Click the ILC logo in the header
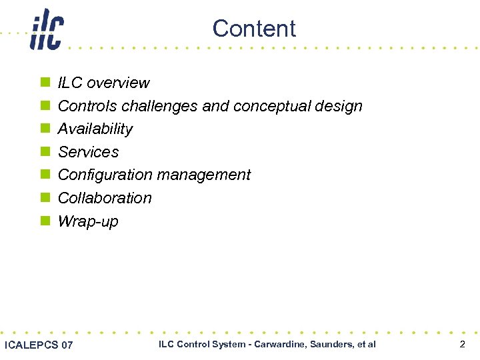tap(47, 30)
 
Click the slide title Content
tap(254, 29)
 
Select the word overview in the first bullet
tap(119, 83)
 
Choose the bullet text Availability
tap(95, 129)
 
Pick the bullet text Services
tap(89, 152)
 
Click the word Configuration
tap(97, 175)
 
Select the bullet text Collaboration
tap(105, 198)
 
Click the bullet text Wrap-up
tap(88, 221)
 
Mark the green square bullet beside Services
tap(45, 152)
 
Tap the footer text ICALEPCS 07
tap(39, 345)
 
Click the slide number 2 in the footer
tap(462, 344)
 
